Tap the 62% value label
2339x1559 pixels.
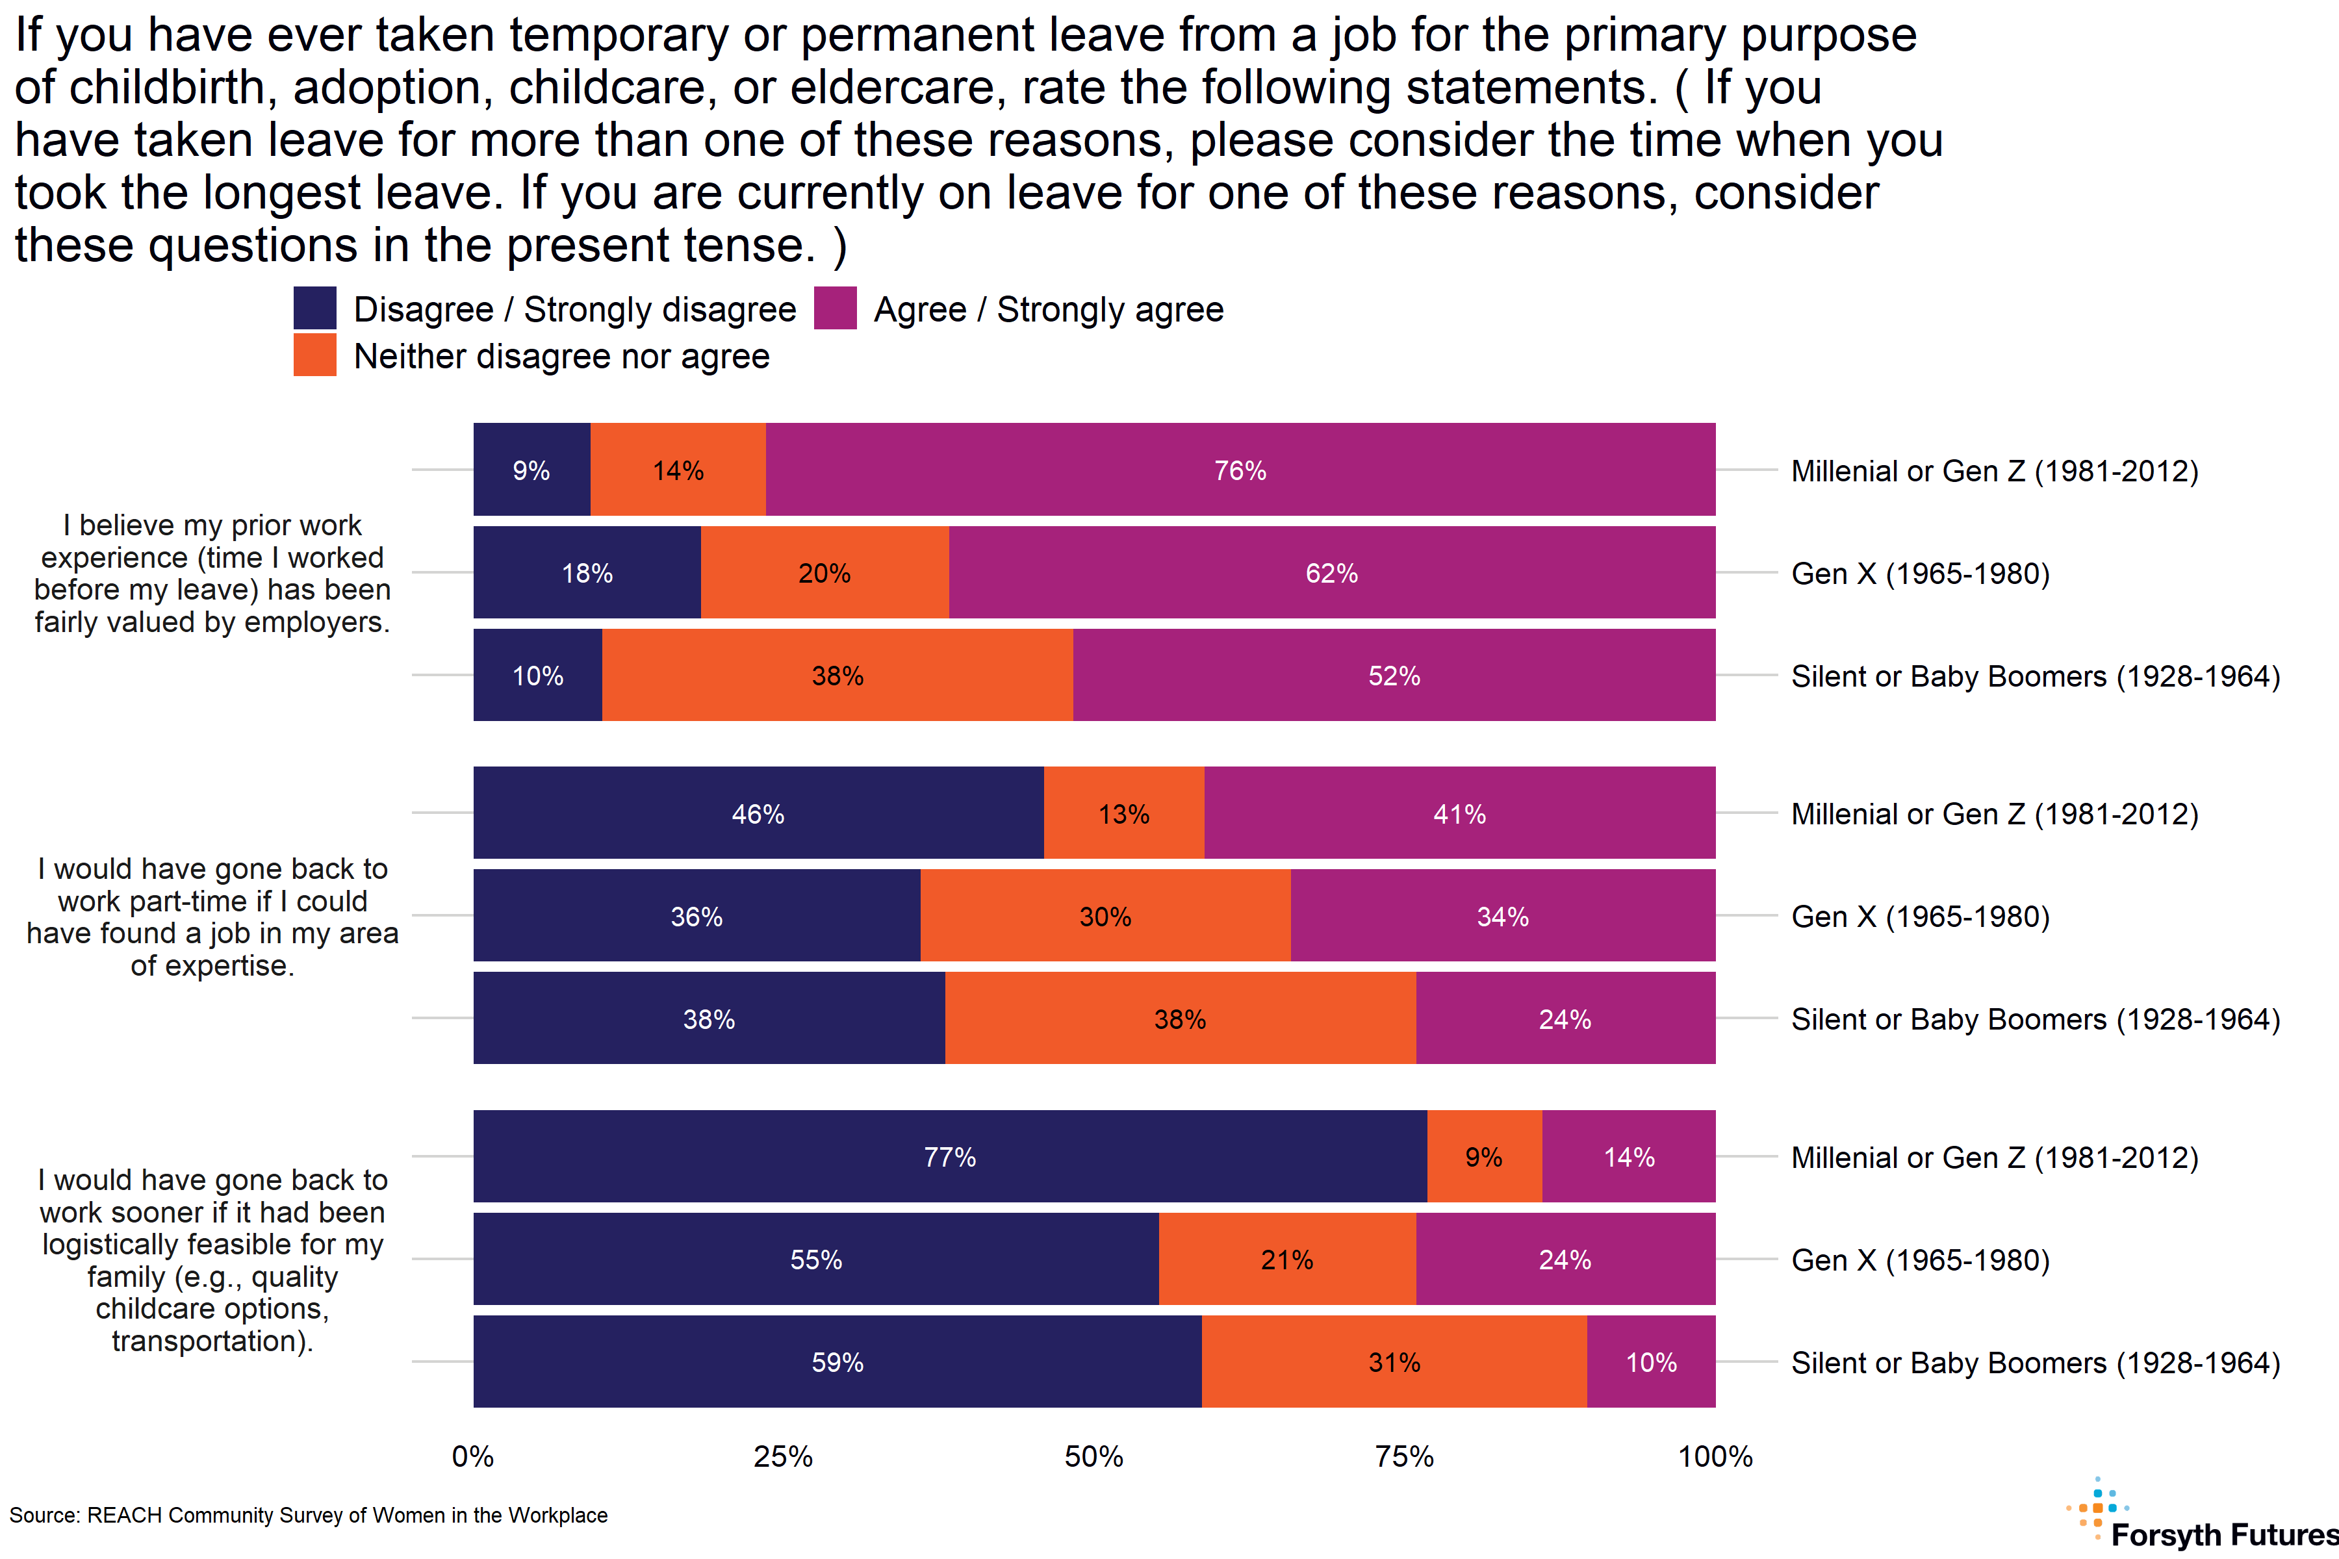pyautogui.click(x=1331, y=574)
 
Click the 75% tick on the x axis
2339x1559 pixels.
pyautogui.click(x=1404, y=1456)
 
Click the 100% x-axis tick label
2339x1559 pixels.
pyautogui.click(x=1715, y=1456)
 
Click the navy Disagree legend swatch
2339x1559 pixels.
pyautogui.click(x=314, y=308)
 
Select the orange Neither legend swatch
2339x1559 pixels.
pyautogui.click(x=314, y=355)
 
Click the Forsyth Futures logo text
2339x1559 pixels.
pyautogui.click(x=2223, y=1534)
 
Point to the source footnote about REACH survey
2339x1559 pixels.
pyautogui.click(x=308, y=1515)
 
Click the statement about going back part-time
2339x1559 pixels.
pyautogui.click(x=212, y=916)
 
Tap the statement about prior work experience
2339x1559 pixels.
pyautogui.click(x=212, y=573)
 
